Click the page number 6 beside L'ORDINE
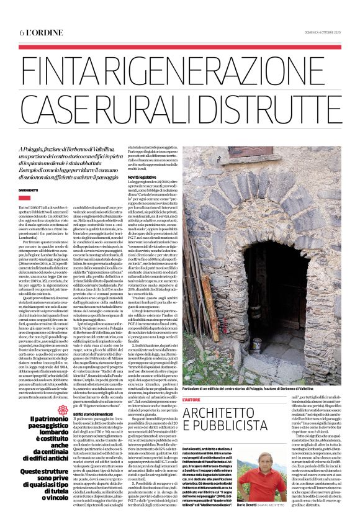[22, 32]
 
